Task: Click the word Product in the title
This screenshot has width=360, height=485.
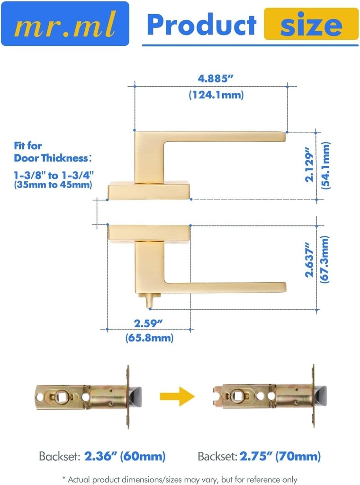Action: point(201,25)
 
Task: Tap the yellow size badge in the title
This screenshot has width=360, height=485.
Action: point(311,24)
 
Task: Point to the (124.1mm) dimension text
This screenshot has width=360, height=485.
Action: point(216,95)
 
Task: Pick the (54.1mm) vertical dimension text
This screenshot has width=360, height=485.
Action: point(325,165)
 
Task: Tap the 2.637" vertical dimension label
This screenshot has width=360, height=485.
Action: point(309,260)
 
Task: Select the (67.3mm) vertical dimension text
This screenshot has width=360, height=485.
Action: point(325,260)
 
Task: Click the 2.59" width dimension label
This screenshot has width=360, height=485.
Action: point(149,323)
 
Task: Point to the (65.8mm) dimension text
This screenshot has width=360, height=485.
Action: point(149,338)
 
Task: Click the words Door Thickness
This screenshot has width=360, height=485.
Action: point(51,158)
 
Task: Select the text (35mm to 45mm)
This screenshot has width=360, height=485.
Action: point(52,185)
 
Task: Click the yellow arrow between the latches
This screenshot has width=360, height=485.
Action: point(177,396)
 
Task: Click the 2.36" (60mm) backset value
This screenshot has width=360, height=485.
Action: point(125,457)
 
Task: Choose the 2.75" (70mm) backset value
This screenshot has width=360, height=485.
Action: point(279,457)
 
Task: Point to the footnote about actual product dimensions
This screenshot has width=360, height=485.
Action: point(180,479)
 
